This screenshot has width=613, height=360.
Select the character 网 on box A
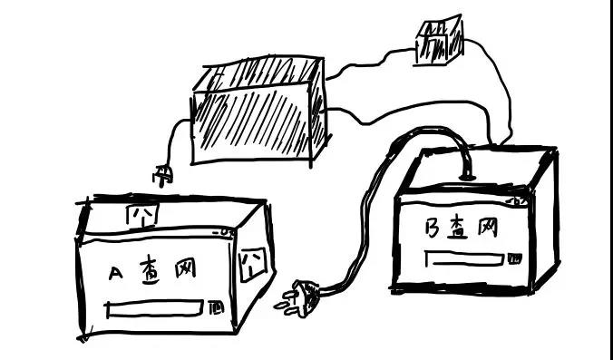186,269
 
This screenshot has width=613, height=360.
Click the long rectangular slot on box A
155,309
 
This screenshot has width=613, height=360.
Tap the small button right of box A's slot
216,308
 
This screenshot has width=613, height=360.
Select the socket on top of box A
141,215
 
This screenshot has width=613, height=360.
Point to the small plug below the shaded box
162,175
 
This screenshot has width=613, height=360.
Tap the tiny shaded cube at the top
438,42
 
